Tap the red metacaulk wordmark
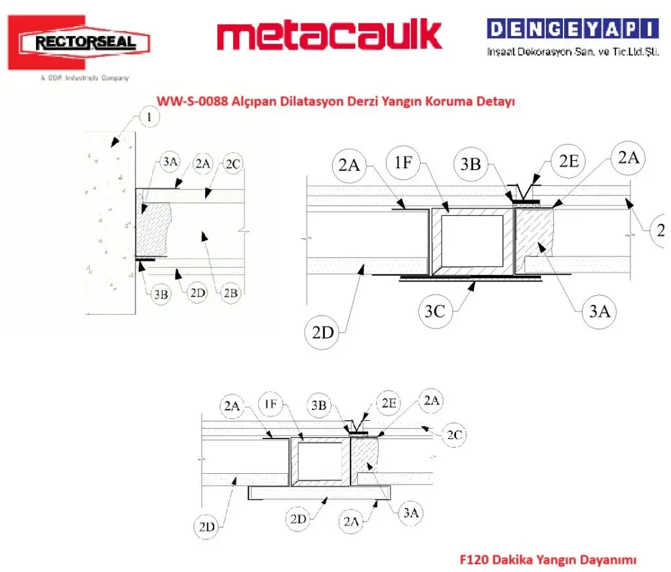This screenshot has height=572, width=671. coord(329,36)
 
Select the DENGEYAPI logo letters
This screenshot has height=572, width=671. coord(572,29)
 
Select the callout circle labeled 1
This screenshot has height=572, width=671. coord(150,118)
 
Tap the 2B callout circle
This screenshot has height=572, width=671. coord(231,294)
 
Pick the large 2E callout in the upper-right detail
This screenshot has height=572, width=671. coord(568,161)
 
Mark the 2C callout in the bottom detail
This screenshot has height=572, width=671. coord(453,435)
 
